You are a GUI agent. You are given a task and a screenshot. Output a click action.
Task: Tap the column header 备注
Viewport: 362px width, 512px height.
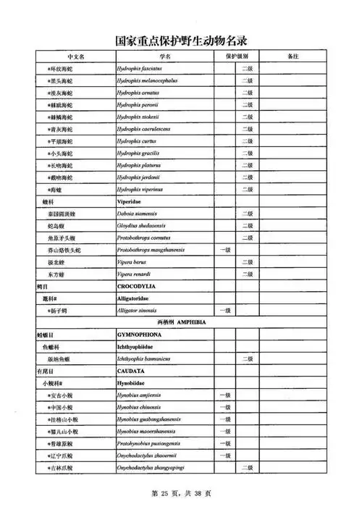pyautogui.click(x=293, y=56)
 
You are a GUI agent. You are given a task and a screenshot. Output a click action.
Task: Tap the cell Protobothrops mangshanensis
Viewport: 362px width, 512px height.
pyautogui.click(x=153, y=250)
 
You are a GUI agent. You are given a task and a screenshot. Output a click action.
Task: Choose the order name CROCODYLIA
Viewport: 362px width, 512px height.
pyautogui.click(x=138, y=286)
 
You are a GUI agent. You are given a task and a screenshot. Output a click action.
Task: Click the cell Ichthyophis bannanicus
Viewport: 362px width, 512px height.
pyautogui.click(x=146, y=358)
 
